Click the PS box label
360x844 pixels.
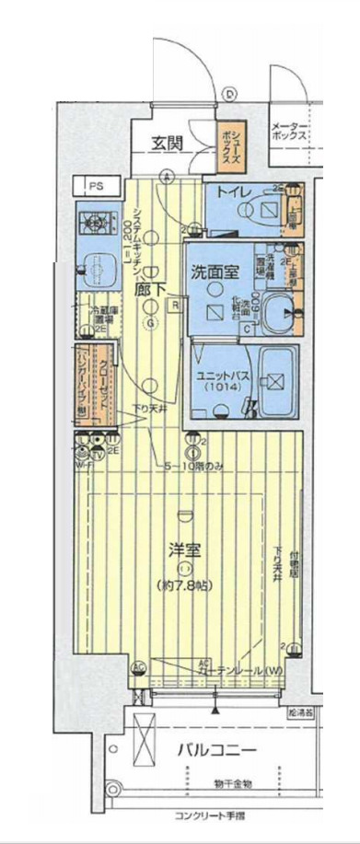coord(95,186)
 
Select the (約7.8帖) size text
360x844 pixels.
coord(185,584)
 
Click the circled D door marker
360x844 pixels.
coord(229,92)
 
